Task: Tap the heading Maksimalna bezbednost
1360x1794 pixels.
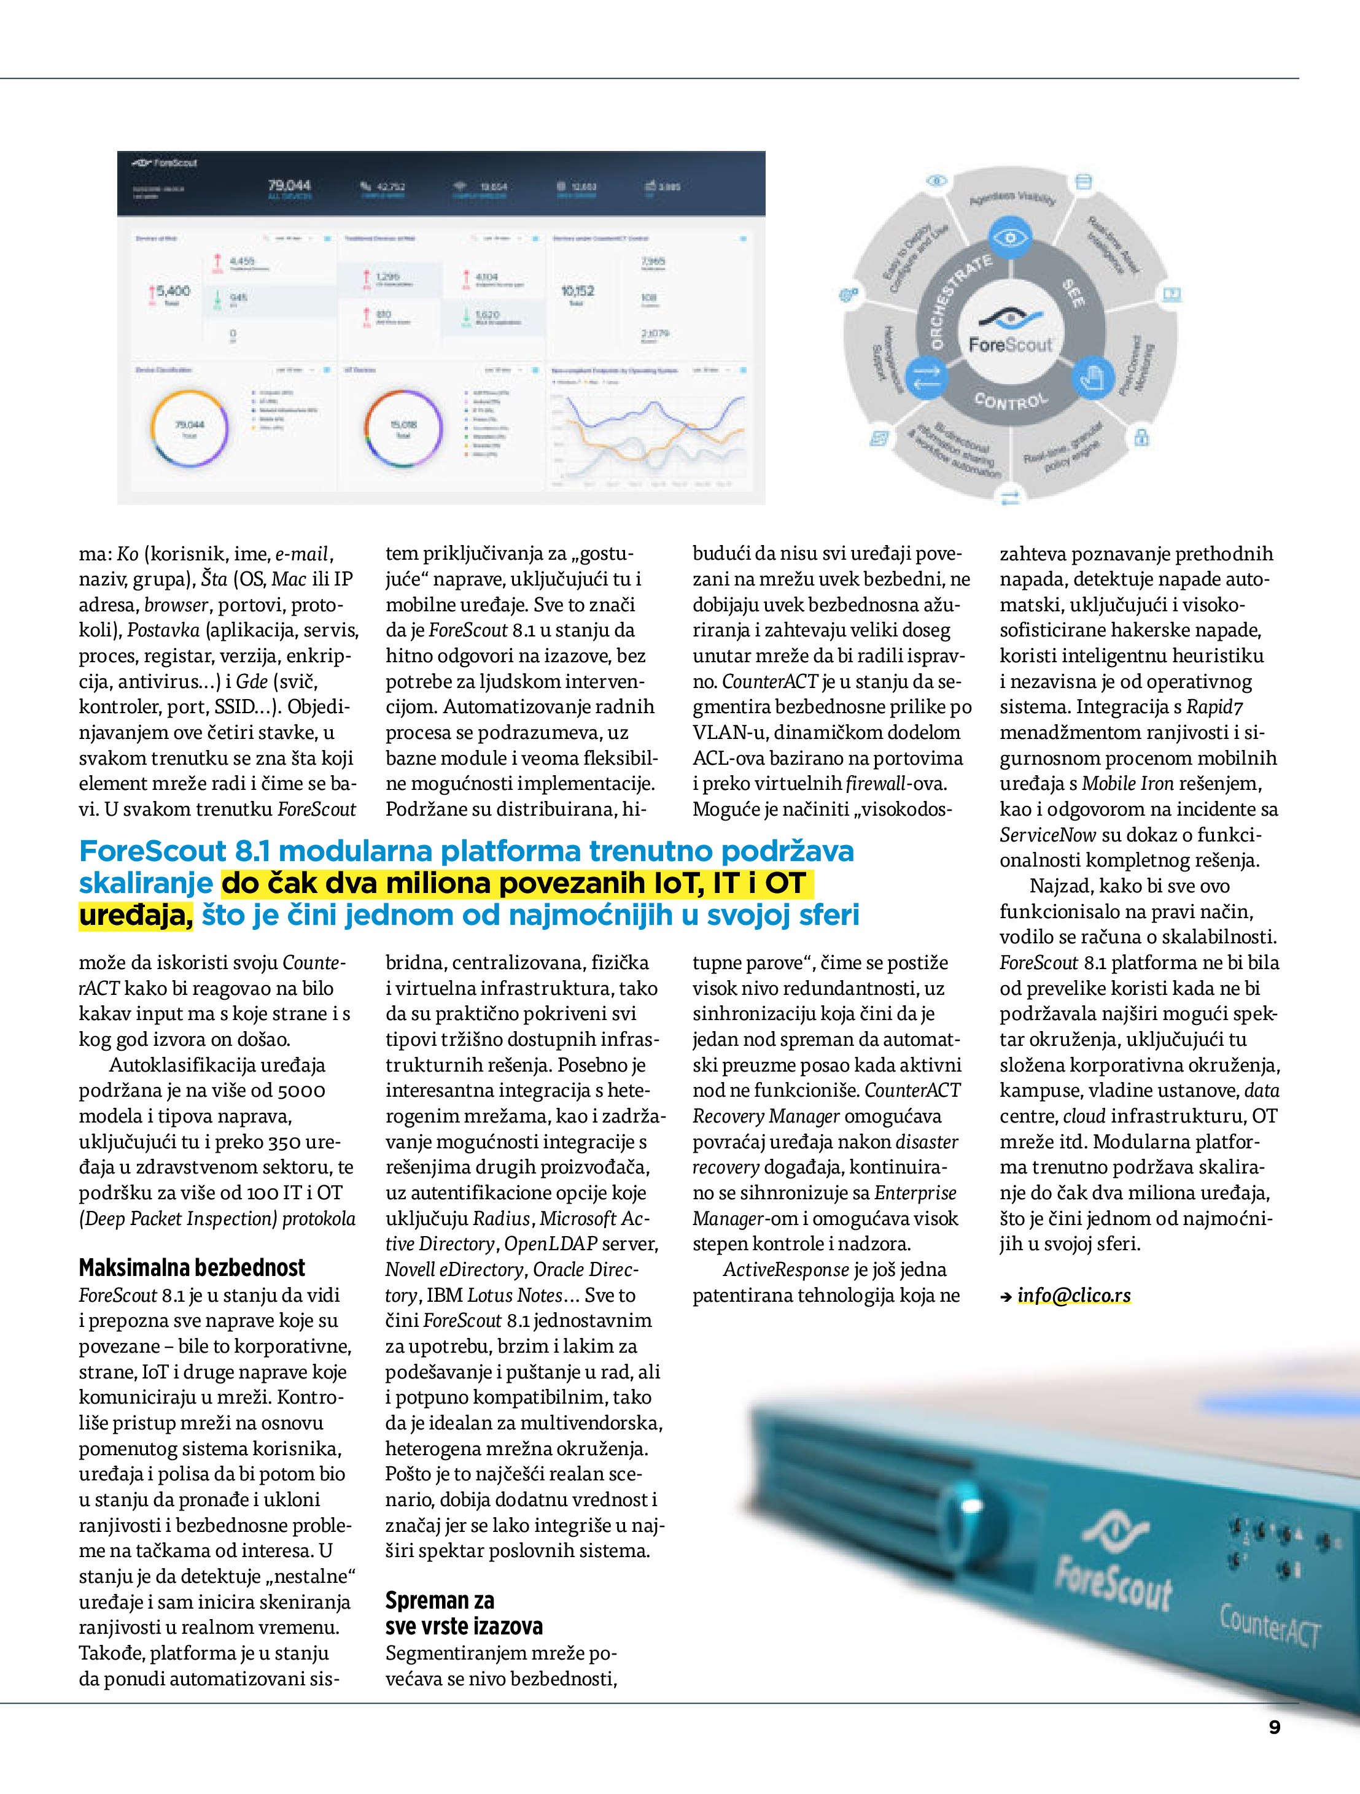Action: [192, 1267]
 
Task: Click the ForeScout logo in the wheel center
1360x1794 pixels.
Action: [1010, 333]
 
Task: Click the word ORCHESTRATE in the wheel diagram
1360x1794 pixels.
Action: [957, 300]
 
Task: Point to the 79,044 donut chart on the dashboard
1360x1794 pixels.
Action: [190, 429]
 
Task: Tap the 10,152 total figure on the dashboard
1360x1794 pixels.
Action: [577, 290]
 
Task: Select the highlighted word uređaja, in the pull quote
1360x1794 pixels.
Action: [136, 915]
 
